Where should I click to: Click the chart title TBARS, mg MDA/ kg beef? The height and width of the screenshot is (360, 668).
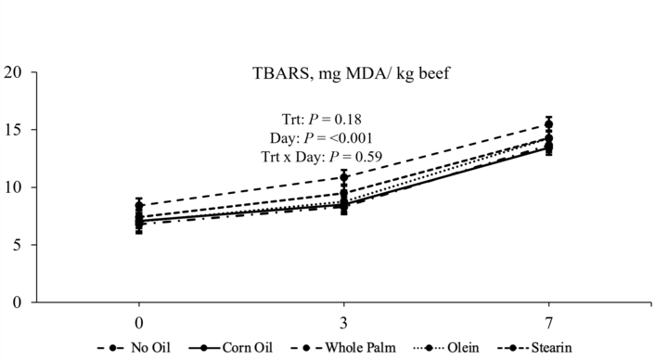pos(342,74)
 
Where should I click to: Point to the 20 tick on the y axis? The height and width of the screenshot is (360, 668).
pos(12,72)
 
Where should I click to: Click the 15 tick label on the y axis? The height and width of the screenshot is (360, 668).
pos(12,130)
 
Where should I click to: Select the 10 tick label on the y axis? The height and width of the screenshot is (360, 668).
pos(12,187)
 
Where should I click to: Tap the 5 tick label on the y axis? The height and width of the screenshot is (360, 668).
pos(16,245)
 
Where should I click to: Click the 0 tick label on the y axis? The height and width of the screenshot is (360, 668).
pos(16,302)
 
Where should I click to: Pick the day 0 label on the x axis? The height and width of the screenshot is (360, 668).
pos(139,325)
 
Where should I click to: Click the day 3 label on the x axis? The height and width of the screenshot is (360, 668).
pos(343,325)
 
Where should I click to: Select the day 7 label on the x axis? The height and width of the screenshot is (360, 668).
pos(548,325)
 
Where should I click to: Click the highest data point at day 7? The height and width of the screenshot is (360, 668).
pos(548,124)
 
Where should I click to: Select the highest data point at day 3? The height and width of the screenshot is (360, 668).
pos(343,177)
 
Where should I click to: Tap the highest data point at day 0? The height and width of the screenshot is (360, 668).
pos(139,206)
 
